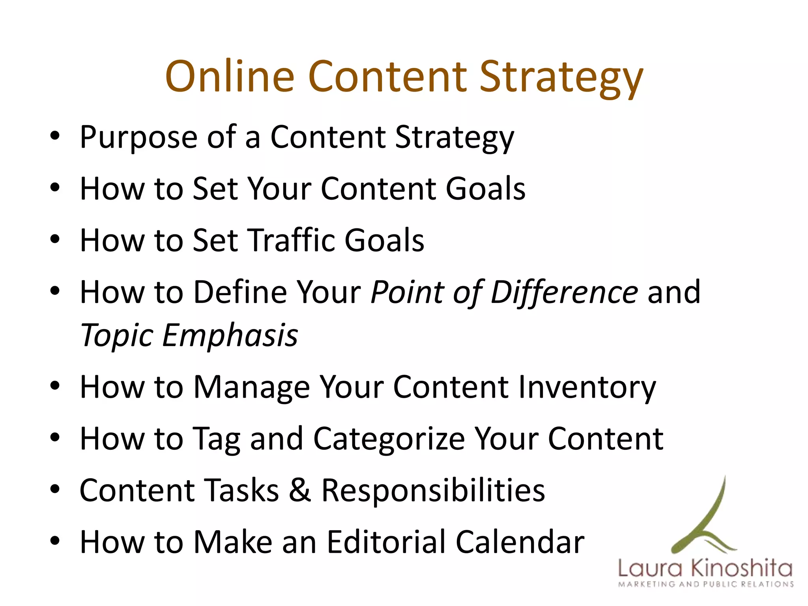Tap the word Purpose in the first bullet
pos(138,137)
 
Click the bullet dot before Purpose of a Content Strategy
pos(55,137)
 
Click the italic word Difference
pos(564,292)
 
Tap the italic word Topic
pos(117,336)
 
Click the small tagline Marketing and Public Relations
pos(705,584)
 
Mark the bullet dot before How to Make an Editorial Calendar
pos(55,541)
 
